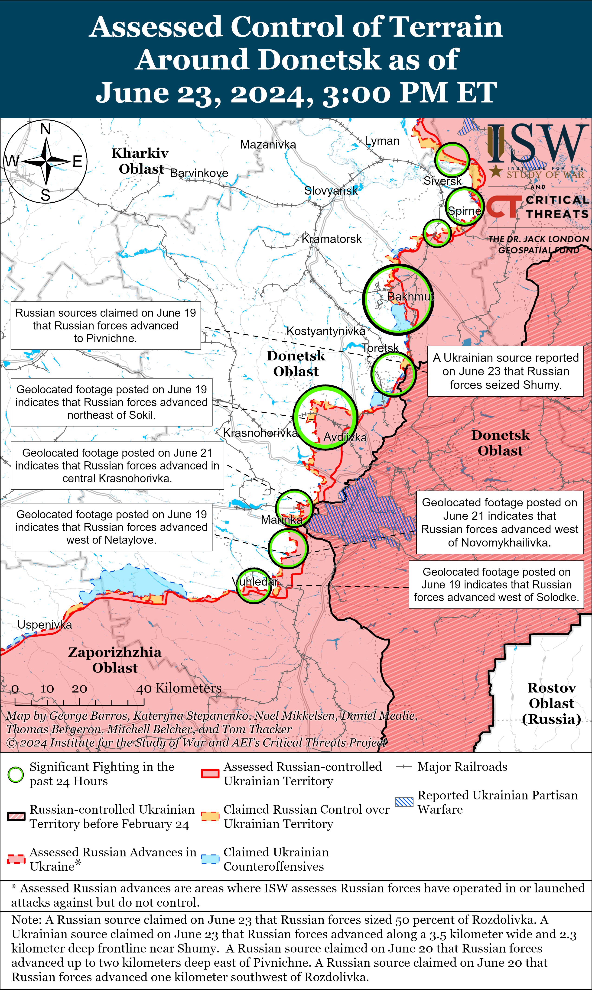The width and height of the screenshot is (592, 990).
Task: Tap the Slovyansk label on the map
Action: click(331, 191)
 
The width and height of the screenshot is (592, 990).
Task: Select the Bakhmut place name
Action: click(410, 296)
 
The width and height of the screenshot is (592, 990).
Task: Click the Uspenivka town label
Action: click(45, 624)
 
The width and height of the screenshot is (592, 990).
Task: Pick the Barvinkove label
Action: click(199, 173)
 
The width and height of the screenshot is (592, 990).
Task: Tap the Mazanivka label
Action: click(268, 144)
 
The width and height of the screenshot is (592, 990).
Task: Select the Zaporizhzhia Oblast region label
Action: click(115, 660)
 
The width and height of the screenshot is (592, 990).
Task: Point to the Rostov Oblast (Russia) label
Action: click(551, 703)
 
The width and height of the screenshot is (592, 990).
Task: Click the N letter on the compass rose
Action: click(46, 129)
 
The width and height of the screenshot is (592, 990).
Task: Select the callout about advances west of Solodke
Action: click(496, 585)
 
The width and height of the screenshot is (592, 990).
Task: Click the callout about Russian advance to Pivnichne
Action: click(105, 325)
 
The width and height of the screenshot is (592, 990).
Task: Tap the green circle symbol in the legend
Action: click(16, 774)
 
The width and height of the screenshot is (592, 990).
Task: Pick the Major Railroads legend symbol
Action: click(404, 767)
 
